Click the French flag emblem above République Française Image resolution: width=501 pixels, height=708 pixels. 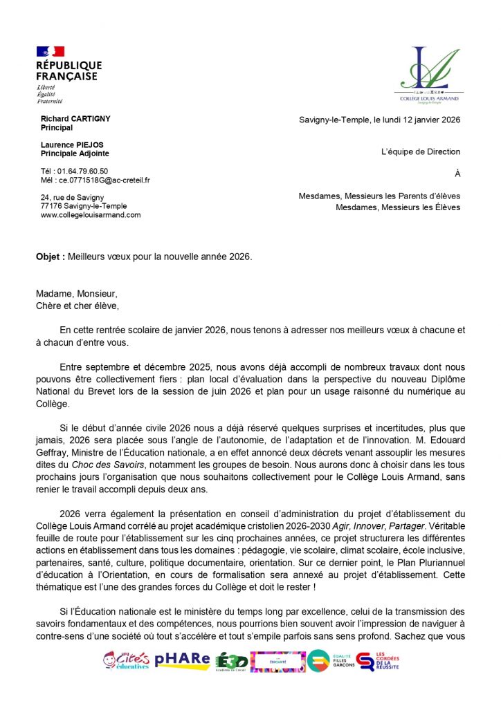(x=51, y=51)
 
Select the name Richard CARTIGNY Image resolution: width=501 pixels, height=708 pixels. (x=75, y=119)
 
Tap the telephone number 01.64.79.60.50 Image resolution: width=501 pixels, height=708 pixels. (x=82, y=171)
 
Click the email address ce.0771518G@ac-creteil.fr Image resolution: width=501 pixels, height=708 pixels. (x=104, y=180)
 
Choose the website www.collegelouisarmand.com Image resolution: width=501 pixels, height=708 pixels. (x=91, y=215)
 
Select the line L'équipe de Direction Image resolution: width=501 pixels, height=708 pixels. (x=420, y=152)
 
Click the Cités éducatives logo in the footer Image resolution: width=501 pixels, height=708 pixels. (x=126, y=660)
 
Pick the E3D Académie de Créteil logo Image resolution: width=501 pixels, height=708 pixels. (x=231, y=662)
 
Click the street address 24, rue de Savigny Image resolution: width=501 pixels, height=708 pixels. (x=73, y=197)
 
